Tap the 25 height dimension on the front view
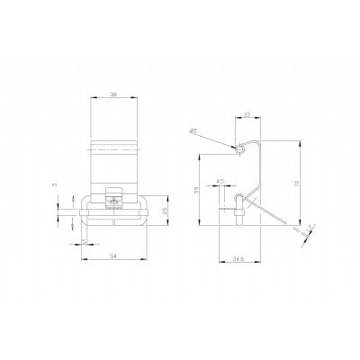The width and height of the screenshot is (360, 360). tap(165, 211)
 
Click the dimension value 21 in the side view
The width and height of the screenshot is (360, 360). tap(247, 114)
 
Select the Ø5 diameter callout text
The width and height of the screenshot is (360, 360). tap(194, 131)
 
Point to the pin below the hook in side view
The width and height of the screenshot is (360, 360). tap(239, 212)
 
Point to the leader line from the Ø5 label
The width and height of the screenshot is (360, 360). tap(216, 140)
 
